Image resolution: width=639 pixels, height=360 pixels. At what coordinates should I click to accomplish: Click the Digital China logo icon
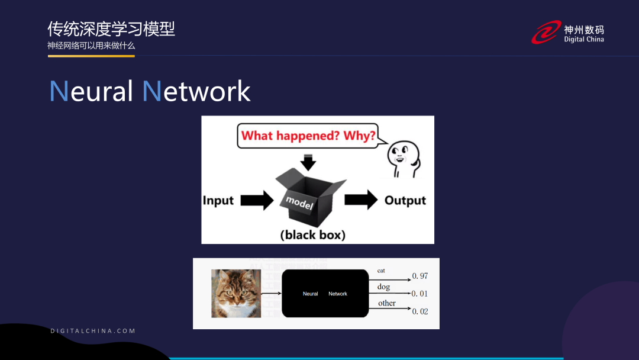coord(546,33)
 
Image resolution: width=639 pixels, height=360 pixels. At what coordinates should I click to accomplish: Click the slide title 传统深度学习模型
coord(111,29)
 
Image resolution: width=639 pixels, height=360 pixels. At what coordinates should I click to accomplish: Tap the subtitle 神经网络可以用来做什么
coord(92,46)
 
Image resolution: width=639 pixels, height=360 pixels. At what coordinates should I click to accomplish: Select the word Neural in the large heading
coord(91,91)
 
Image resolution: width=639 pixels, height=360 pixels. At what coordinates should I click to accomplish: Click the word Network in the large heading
coord(196,91)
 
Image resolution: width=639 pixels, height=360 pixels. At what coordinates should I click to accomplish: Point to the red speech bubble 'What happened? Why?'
coord(308,136)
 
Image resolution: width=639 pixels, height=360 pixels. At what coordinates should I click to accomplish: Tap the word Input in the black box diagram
coord(218,200)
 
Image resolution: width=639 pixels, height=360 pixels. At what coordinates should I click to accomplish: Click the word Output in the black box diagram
coord(405,200)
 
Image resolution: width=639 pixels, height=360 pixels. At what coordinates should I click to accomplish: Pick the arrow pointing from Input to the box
coord(256,200)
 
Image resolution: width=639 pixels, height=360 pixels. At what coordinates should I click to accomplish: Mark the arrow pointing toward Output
coord(360,200)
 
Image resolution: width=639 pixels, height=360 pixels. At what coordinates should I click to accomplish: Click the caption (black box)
coord(312,234)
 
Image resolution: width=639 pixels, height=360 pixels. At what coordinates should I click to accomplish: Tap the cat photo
coord(236,293)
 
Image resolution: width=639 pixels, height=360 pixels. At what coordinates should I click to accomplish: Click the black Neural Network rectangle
coord(325,293)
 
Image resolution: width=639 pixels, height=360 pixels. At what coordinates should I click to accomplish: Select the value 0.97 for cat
coord(420,276)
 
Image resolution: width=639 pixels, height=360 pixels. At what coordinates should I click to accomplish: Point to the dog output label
coord(384,287)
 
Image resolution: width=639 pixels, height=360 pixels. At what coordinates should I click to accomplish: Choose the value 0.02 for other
coord(420,311)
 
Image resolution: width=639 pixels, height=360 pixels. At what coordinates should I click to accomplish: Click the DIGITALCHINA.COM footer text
coord(93,331)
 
